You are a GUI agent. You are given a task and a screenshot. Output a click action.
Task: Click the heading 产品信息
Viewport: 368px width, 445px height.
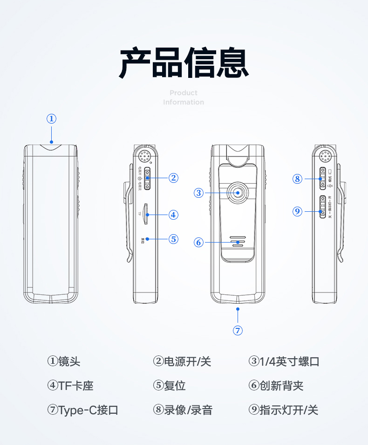pos(184,63)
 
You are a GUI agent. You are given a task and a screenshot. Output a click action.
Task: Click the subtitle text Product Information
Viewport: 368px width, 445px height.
pos(184,97)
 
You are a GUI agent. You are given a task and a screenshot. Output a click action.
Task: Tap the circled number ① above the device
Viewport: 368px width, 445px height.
pos(52,118)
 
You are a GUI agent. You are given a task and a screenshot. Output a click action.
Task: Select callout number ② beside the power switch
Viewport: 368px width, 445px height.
pos(173,177)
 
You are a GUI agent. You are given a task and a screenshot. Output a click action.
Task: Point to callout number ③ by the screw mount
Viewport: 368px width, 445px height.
pos(199,192)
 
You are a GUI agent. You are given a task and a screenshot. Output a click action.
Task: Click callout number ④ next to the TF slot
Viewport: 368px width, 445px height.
pos(173,215)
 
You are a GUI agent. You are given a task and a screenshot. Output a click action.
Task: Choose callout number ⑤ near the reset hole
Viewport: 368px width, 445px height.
pos(173,239)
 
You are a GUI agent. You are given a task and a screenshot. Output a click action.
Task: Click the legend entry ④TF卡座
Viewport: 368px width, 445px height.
pos(70,386)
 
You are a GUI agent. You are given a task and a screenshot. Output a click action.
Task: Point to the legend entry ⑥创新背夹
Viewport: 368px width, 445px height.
pos(276,386)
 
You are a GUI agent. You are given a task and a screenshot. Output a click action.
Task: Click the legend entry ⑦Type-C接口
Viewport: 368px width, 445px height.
pos(82,410)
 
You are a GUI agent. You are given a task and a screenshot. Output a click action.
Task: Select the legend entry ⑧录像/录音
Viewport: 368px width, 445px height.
pos(183,410)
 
